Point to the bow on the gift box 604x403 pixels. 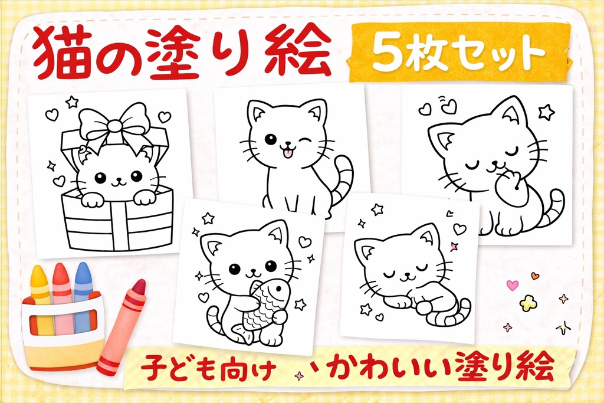click(x=116, y=125)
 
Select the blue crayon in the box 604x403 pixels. click(x=83, y=295)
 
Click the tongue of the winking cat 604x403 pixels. click(x=288, y=154)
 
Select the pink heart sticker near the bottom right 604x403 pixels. click(x=512, y=285)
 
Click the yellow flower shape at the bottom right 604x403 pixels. click(x=528, y=303)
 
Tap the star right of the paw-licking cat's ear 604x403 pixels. click(x=546, y=112)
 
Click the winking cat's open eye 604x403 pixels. click(x=270, y=140)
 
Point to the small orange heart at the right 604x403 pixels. click(x=535, y=276)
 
